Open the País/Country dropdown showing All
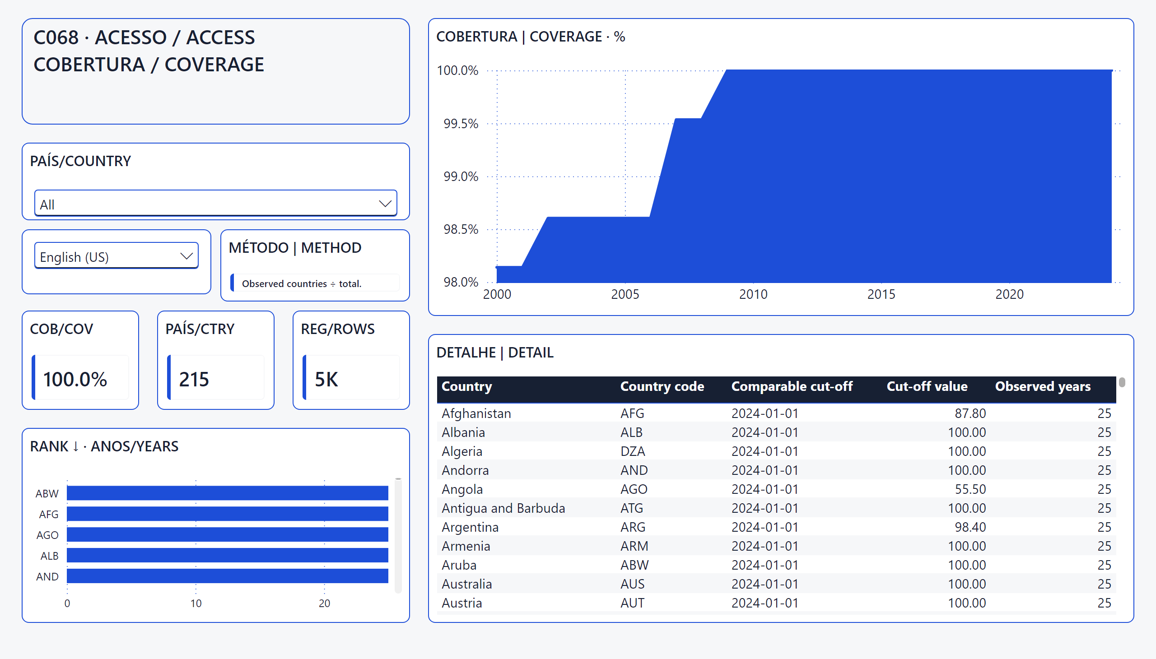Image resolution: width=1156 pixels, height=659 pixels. click(x=215, y=203)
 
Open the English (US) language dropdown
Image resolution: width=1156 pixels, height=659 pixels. click(x=117, y=256)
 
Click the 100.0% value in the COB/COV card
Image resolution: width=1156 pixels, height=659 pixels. click(x=75, y=379)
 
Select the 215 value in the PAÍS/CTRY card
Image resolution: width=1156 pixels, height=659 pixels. click(x=194, y=379)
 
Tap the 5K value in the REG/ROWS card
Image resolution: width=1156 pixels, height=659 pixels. click(x=326, y=379)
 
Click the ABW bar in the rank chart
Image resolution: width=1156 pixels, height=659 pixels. click(x=227, y=493)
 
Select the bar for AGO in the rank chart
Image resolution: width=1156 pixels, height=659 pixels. click(x=227, y=534)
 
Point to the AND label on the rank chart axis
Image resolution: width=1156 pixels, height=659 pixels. click(x=47, y=577)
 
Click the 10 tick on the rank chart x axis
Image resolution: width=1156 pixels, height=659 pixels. click(x=196, y=603)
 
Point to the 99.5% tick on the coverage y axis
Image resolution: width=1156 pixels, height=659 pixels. click(x=461, y=124)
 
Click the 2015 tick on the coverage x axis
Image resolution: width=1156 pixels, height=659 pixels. click(x=881, y=294)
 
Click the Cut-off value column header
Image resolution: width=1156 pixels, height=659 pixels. click(x=927, y=386)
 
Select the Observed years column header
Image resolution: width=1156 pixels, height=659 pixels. click(x=1043, y=386)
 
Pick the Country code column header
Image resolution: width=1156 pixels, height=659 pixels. click(x=662, y=386)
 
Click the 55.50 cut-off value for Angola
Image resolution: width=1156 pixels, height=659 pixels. click(x=970, y=489)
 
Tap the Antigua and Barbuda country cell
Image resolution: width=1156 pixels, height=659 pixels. click(x=503, y=508)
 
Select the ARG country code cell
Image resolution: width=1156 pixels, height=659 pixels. click(x=633, y=527)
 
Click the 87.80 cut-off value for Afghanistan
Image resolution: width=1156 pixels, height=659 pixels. click(x=970, y=413)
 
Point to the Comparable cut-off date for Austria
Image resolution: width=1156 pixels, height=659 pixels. click(x=765, y=603)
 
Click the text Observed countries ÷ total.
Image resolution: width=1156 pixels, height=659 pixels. click(x=302, y=284)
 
